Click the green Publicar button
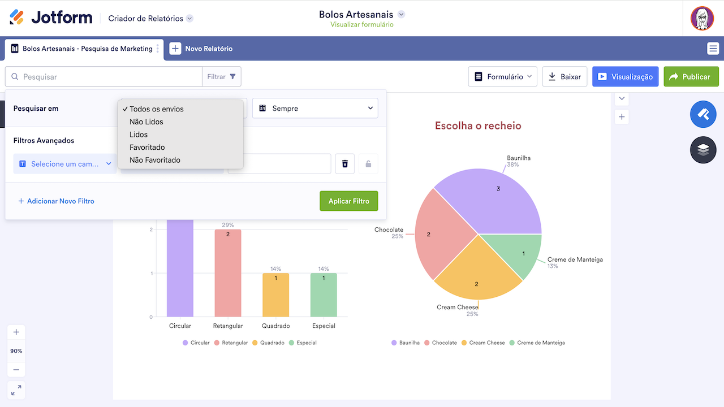pos(691,77)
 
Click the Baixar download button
pos(564,77)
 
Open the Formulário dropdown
pos(502,77)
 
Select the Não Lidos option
pos(146,122)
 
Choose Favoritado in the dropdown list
pos(147,147)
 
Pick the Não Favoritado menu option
pos(155,160)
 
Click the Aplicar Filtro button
pos(348,201)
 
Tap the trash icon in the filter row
pos(345,164)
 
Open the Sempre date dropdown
pos(315,109)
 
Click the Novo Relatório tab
pos(201,49)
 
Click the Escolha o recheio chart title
pos(478,125)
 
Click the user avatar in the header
pos(702,19)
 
